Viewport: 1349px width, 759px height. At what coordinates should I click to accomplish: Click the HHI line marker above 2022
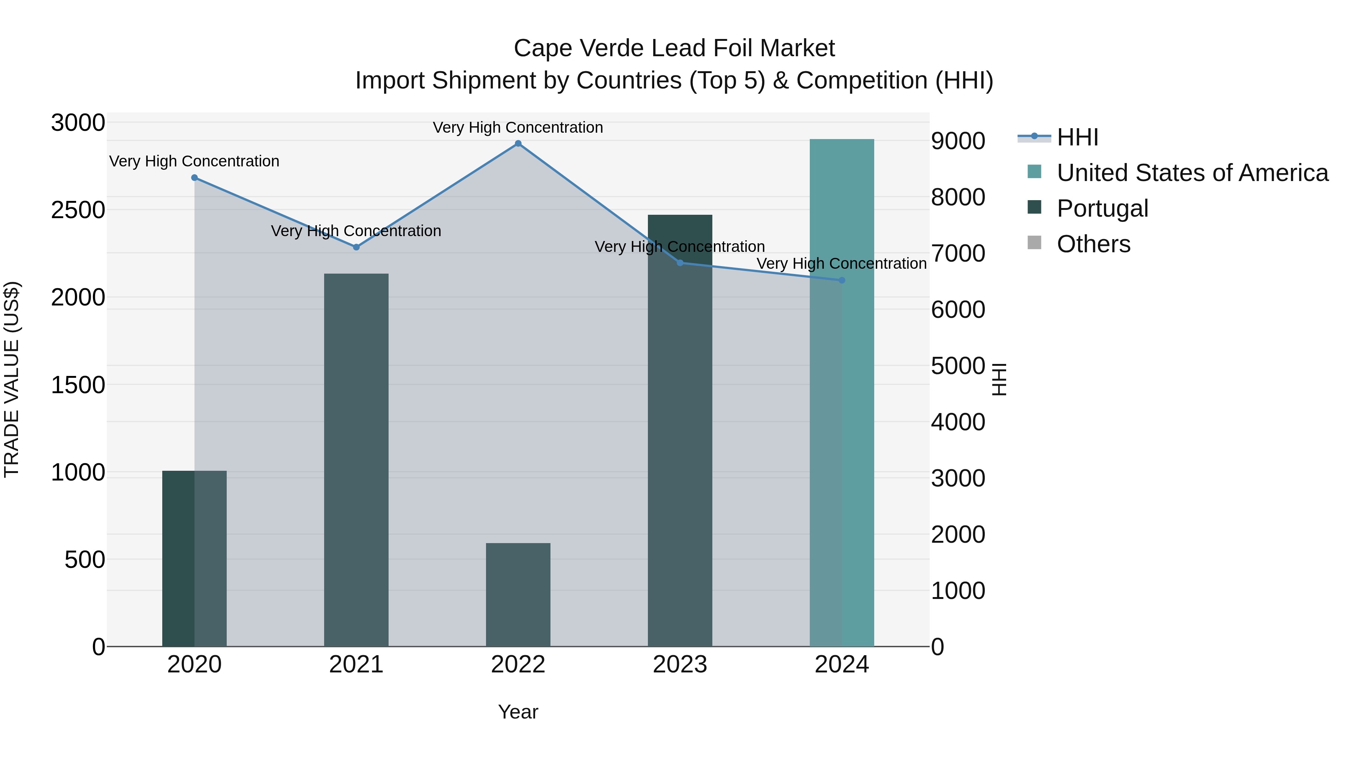tap(518, 144)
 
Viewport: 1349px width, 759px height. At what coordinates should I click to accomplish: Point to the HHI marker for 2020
tap(194, 178)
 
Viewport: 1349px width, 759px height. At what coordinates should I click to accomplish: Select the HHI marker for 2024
tap(842, 280)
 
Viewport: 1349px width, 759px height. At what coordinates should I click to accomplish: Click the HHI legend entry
tap(1077, 137)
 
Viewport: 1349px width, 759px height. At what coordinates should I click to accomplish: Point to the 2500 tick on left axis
tap(78, 210)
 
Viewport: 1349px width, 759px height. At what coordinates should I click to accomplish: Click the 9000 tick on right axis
tap(958, 141)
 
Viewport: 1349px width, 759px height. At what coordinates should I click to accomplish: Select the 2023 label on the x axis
tap(680, 665)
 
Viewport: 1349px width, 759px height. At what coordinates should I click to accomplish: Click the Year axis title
tap(518, 712)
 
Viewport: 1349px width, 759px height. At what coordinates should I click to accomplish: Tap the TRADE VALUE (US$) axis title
tap(12, 380)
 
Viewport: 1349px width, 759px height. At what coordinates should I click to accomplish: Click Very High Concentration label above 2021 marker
tap(356, 231)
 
